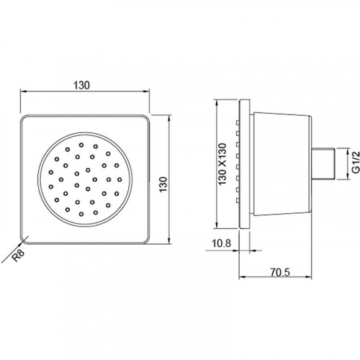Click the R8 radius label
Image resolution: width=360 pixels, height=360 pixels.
tap(18, 256)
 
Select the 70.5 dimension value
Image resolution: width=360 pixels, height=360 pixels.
tap(280, 272)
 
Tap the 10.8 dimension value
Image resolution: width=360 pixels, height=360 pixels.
tap(221, 243)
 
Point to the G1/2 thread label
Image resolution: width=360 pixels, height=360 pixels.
tap(356, 162)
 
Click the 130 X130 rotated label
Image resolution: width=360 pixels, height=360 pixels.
tap(222, 164)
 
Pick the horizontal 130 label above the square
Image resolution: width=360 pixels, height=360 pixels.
tap(81, 85)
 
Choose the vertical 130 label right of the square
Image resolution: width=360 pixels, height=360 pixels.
tap(163, 184)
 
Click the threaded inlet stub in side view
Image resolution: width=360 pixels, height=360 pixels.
tap(323, 164)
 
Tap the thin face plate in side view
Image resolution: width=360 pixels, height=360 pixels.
tap(244, 164)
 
